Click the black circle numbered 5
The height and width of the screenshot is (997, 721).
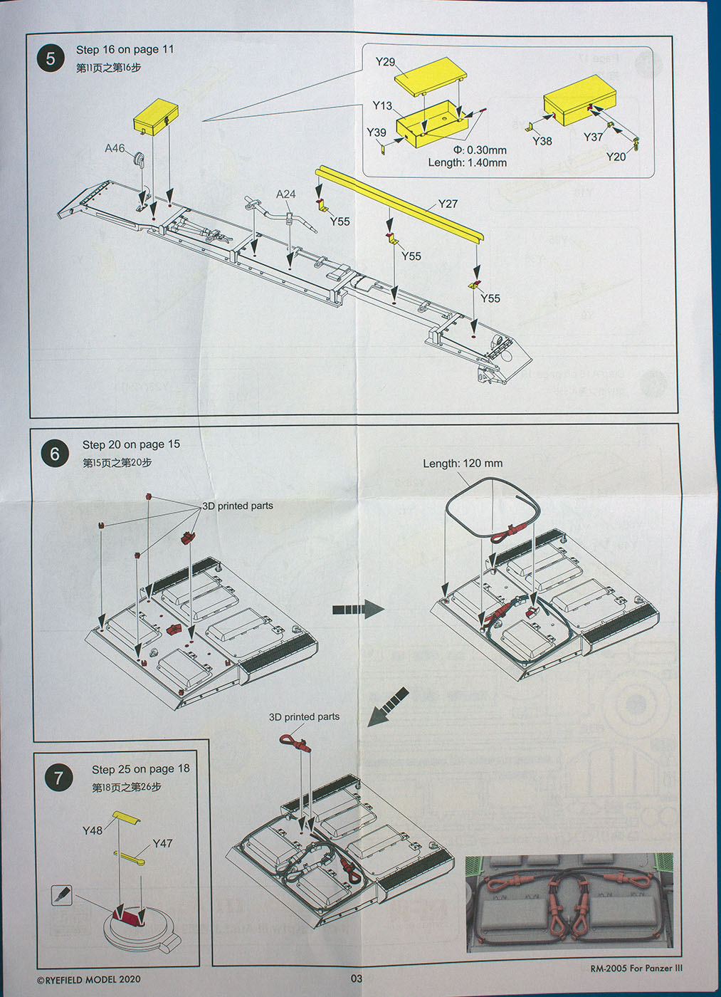click(x=51, y=58)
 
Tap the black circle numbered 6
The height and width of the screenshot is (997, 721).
click(x=55, y=454)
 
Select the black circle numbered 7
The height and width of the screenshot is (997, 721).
click(x=58, y=778)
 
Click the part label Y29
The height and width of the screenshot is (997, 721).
click(x=385, y=62)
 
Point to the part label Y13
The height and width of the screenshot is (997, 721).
click(x=382, y=105)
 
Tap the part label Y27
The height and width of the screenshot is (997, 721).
click(x=448, y=204)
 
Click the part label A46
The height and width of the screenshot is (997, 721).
click(x=115, y=148)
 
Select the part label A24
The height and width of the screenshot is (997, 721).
click(x=285, y=194)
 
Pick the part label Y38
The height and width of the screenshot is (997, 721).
click(x=542, y=141)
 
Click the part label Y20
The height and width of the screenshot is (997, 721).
click(x=616, y=156)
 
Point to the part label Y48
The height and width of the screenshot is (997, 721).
click(x=93, y=830)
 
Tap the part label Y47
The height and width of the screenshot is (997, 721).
click(x=162, y=843)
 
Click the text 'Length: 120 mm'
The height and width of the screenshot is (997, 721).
click(x=463, y=464)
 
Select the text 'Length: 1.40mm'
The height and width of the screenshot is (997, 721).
click(x=467, y=162)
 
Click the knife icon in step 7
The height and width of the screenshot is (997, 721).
click(x=62, y=895)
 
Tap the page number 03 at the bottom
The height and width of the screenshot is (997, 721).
click(x=357, y=978)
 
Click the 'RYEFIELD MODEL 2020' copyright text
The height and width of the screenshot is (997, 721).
click(x=89, y=980)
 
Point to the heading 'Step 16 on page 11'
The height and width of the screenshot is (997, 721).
click(x=125, y=49)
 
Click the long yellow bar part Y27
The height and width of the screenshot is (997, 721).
click(x=399, y=203)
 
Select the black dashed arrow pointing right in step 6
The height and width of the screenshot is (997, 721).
click(x=358, y=609)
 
